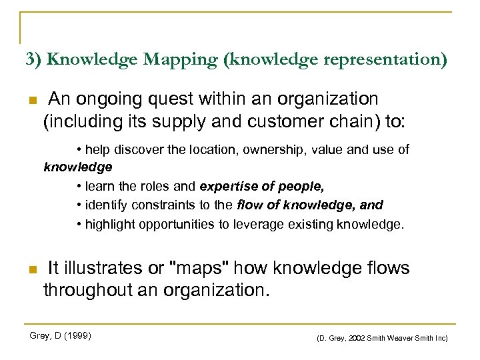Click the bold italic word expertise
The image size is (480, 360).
[x=227, y=186]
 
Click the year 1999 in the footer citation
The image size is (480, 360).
[x=79, y=335]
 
